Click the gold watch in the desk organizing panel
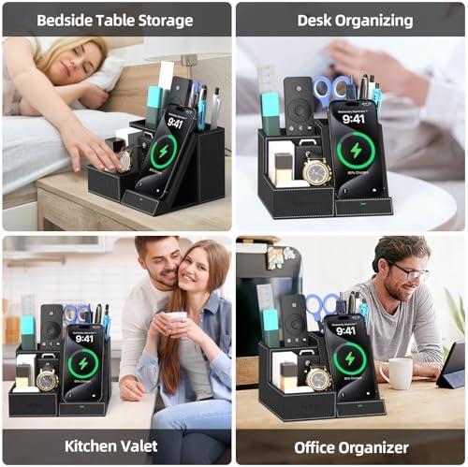(x=316, y=170)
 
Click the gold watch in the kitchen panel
(x=46, y=379)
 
